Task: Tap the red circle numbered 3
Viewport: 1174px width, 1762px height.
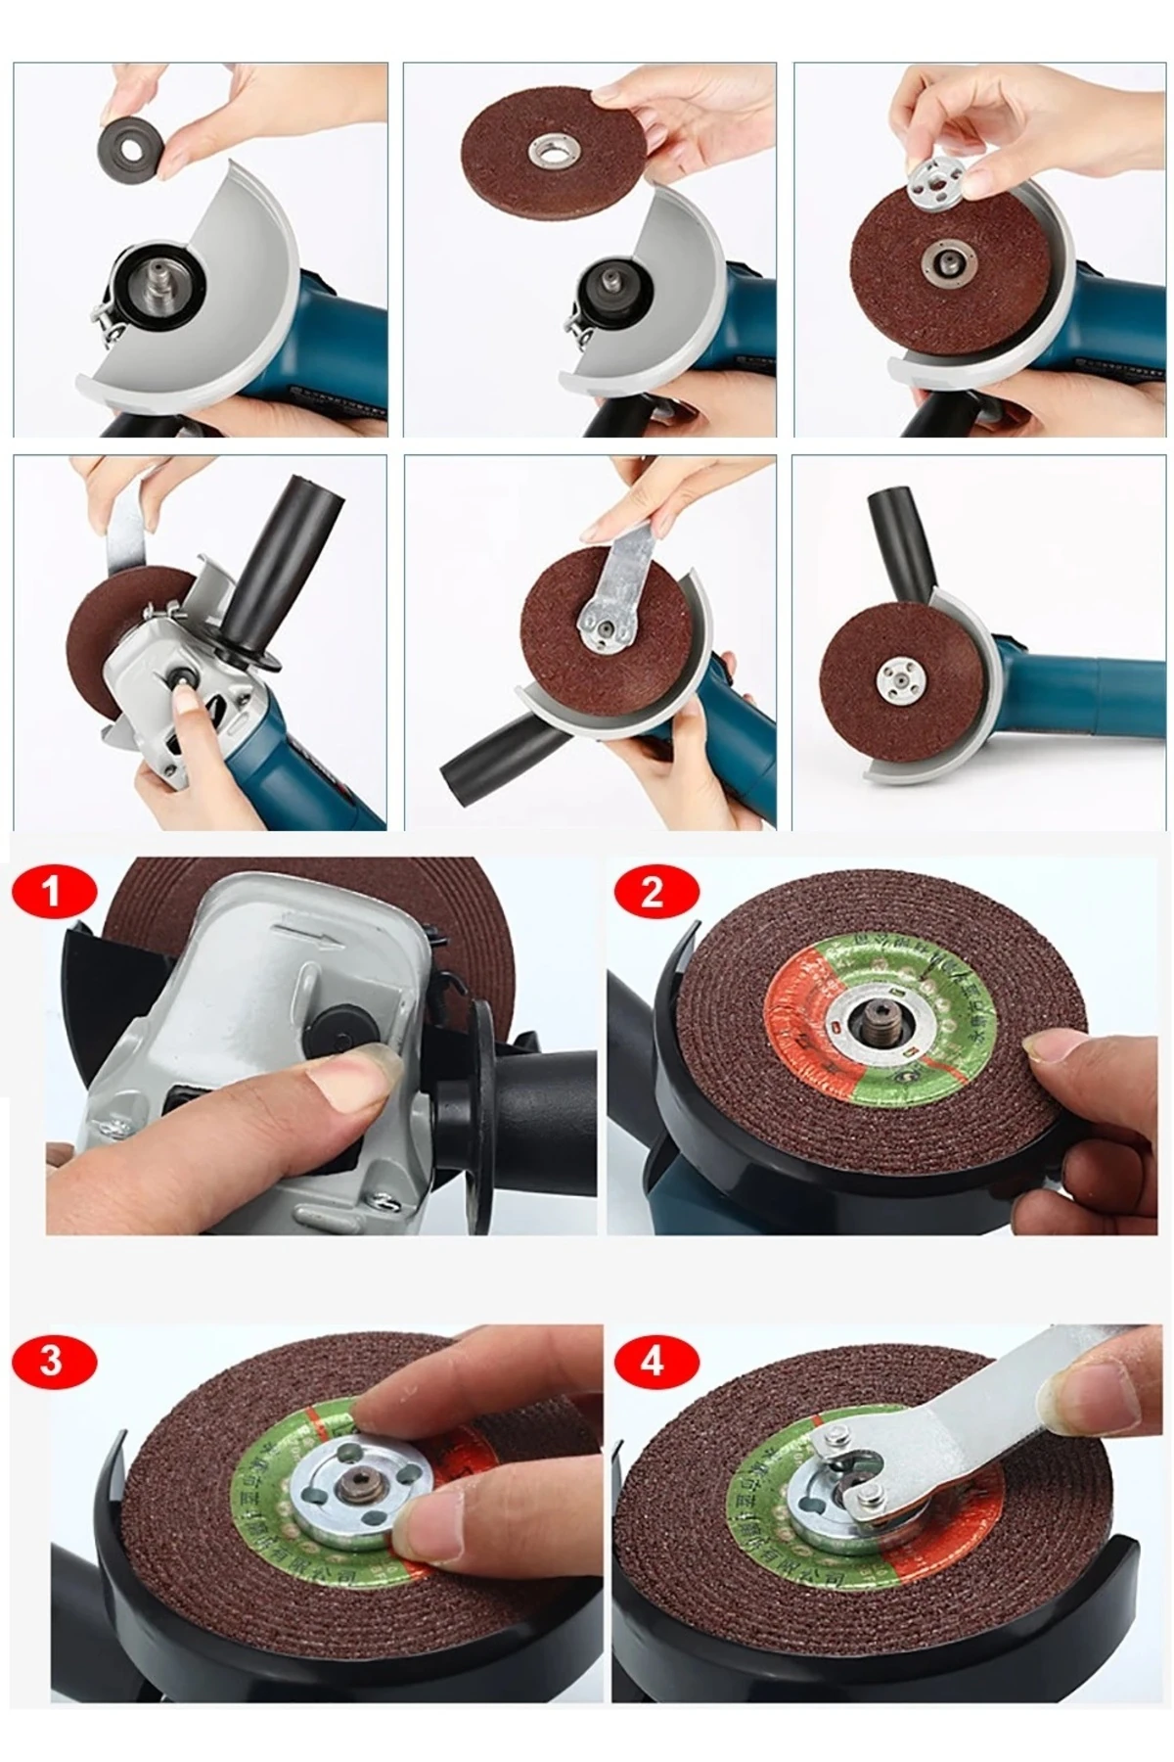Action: point(51,1361)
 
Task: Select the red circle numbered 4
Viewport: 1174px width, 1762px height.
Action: point(653,1361)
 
